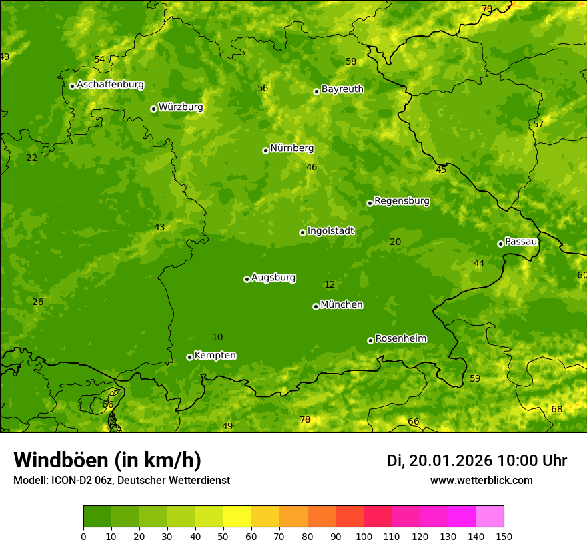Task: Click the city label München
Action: coord(342,305)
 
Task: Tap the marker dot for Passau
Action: coord(500,244)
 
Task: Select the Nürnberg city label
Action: coord(291,148)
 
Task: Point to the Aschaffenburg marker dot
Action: coord(72,86)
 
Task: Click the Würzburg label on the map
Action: coord(181,107)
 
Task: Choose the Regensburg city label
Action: coord(402,201)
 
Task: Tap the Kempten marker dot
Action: coord(189,357)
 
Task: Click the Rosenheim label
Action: coord(400,339)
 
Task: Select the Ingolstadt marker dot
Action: coord(302,232)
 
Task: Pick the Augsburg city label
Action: coord(273,278)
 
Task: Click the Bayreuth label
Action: coord(342,89)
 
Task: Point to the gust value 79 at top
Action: coord(487,9)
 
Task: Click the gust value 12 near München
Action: coord(330,284)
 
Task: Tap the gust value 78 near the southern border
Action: coord(305,420)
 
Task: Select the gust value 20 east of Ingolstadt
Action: coord(395,242)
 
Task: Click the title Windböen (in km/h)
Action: coord(107,460)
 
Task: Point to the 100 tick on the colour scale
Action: coord(364,536)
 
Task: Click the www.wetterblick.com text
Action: coord(481,481)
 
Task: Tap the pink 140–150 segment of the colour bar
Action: coord(490,517)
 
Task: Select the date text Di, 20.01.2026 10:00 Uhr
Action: coord(476,461)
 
